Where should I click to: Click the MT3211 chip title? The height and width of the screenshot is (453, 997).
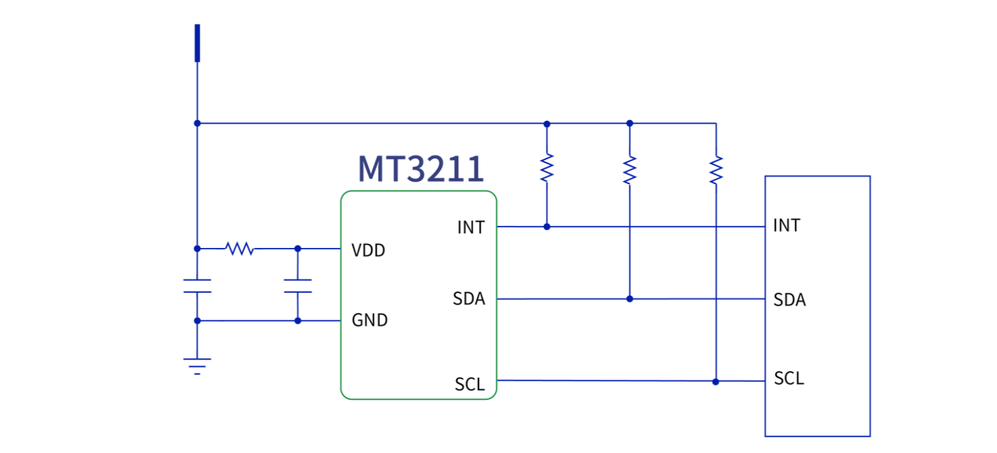point(421,169)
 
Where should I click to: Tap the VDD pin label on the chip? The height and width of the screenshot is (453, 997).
point(368,250)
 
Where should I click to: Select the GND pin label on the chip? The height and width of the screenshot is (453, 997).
point(369,320)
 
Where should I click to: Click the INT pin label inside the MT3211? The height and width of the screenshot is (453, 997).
point(471,228)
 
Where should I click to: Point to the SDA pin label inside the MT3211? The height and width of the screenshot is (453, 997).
point(469,299)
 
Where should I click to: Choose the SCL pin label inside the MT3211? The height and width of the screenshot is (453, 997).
point(470,384)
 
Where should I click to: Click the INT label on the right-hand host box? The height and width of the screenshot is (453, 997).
point(786,225)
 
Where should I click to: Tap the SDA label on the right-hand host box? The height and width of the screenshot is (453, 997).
point(789,299)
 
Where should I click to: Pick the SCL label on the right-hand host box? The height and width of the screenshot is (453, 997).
point(789,378)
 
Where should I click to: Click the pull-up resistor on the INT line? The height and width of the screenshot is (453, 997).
point(547,168)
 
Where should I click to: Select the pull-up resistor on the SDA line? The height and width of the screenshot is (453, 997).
point(630,170)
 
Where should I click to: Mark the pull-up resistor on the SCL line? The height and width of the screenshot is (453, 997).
point(716,170)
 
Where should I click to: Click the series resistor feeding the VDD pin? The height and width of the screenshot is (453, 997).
point(240,249)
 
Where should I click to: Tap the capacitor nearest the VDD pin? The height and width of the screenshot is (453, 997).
point(297,286)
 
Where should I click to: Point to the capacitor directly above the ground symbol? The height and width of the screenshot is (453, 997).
point(197,286)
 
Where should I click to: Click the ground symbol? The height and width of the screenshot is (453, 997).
point(197,365)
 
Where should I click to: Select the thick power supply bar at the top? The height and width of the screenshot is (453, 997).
point(197,43)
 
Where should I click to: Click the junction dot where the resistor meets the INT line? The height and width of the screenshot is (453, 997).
point(547,227)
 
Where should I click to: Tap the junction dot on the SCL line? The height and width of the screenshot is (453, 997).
point(716,381)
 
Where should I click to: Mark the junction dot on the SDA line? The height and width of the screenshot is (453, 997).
point(630,299)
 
